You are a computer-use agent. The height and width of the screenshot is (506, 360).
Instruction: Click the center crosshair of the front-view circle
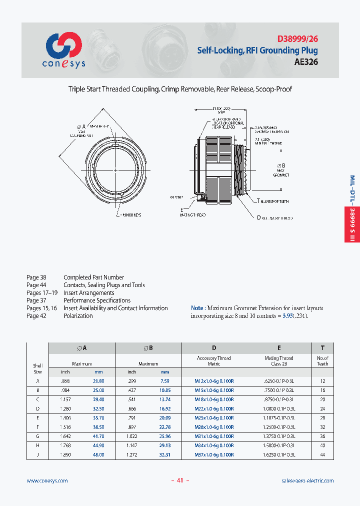116,170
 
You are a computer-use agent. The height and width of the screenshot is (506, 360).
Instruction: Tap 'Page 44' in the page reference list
36,285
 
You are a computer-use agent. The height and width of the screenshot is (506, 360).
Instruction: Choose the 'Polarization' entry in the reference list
78,316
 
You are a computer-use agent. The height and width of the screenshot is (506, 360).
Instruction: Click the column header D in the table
214,348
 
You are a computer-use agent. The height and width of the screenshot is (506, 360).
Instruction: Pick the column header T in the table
322,348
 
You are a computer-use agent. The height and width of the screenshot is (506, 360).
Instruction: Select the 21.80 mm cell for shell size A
98,381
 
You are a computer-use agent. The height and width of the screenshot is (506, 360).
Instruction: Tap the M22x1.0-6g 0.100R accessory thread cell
214,408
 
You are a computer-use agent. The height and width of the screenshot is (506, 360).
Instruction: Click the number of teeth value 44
322,455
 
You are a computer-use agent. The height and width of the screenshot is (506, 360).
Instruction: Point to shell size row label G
37,436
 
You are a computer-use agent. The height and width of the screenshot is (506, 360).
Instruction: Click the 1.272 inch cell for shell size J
131,455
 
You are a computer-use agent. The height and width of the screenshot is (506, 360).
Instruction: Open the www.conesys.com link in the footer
47,480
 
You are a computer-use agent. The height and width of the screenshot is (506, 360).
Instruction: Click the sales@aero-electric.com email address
307,480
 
